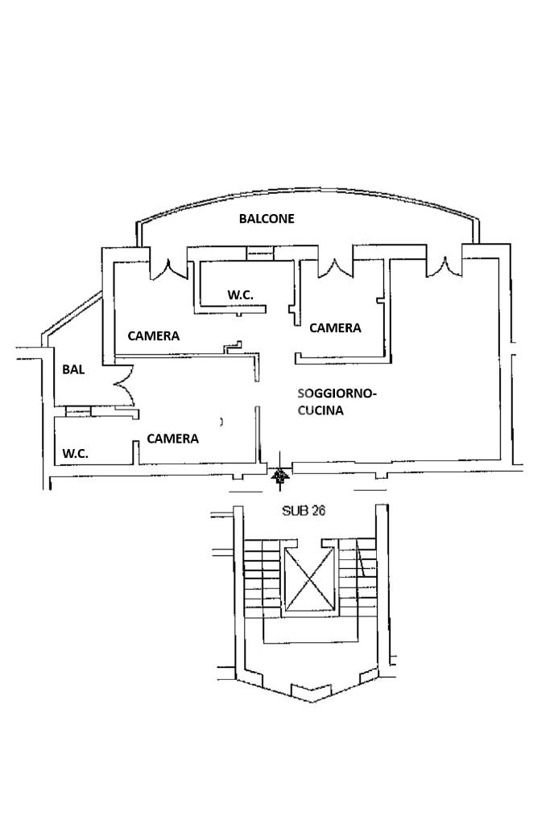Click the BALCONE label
coord(267,218)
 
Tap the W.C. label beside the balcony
coord(240,295)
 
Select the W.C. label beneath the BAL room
coord(76,454)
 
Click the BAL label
coord(74,370)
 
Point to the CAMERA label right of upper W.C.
coord(335,328)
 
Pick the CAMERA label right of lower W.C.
coord(172,439)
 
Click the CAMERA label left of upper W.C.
coord(154,336)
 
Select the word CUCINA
coord(320,410)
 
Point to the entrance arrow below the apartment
coord(280,478)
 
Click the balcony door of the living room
coord(441,265)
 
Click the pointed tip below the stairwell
coord(311,696)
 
